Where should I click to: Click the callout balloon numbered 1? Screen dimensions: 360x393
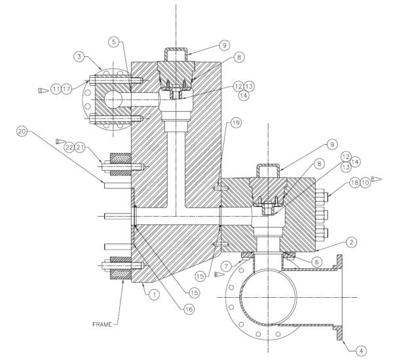154,295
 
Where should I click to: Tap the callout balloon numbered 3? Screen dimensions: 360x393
79,58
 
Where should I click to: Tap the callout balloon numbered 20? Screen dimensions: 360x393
22,132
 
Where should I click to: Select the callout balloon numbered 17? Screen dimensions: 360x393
67,88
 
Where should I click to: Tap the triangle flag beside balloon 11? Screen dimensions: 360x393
41,88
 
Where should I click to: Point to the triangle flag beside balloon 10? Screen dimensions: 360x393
377,178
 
